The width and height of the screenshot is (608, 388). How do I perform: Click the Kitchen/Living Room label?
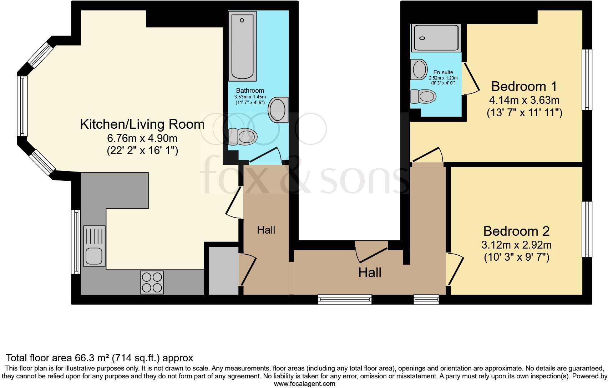(142, 124)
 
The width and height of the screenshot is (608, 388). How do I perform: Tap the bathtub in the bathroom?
(242, 46)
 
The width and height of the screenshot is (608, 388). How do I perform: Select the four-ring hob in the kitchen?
(152, 282)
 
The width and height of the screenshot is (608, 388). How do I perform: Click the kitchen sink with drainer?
(95, 246)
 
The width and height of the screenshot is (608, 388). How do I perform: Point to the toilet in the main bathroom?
(243, 137)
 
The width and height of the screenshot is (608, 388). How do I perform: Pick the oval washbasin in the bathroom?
(278, 110)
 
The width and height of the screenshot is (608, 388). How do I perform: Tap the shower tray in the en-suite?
(435, 38)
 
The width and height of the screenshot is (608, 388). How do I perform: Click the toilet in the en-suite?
(423, 96)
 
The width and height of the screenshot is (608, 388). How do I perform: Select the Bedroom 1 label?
(524, 87)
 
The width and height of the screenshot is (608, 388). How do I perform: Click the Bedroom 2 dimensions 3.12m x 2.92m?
(516, 245)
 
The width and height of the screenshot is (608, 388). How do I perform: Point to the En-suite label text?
(443, 72)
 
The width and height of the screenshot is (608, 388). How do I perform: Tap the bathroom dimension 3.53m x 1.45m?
(250, 97)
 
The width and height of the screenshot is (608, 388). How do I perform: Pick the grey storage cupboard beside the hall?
(223, 271)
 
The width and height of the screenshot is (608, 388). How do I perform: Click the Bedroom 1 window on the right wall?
(587, 79)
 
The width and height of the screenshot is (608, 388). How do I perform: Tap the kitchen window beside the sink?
(75, 241)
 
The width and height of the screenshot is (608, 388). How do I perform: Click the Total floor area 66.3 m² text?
(100, 358)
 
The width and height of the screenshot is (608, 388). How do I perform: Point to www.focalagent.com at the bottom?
(304, 384)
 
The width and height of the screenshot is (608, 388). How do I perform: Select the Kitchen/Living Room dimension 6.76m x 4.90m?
(142, 138)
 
